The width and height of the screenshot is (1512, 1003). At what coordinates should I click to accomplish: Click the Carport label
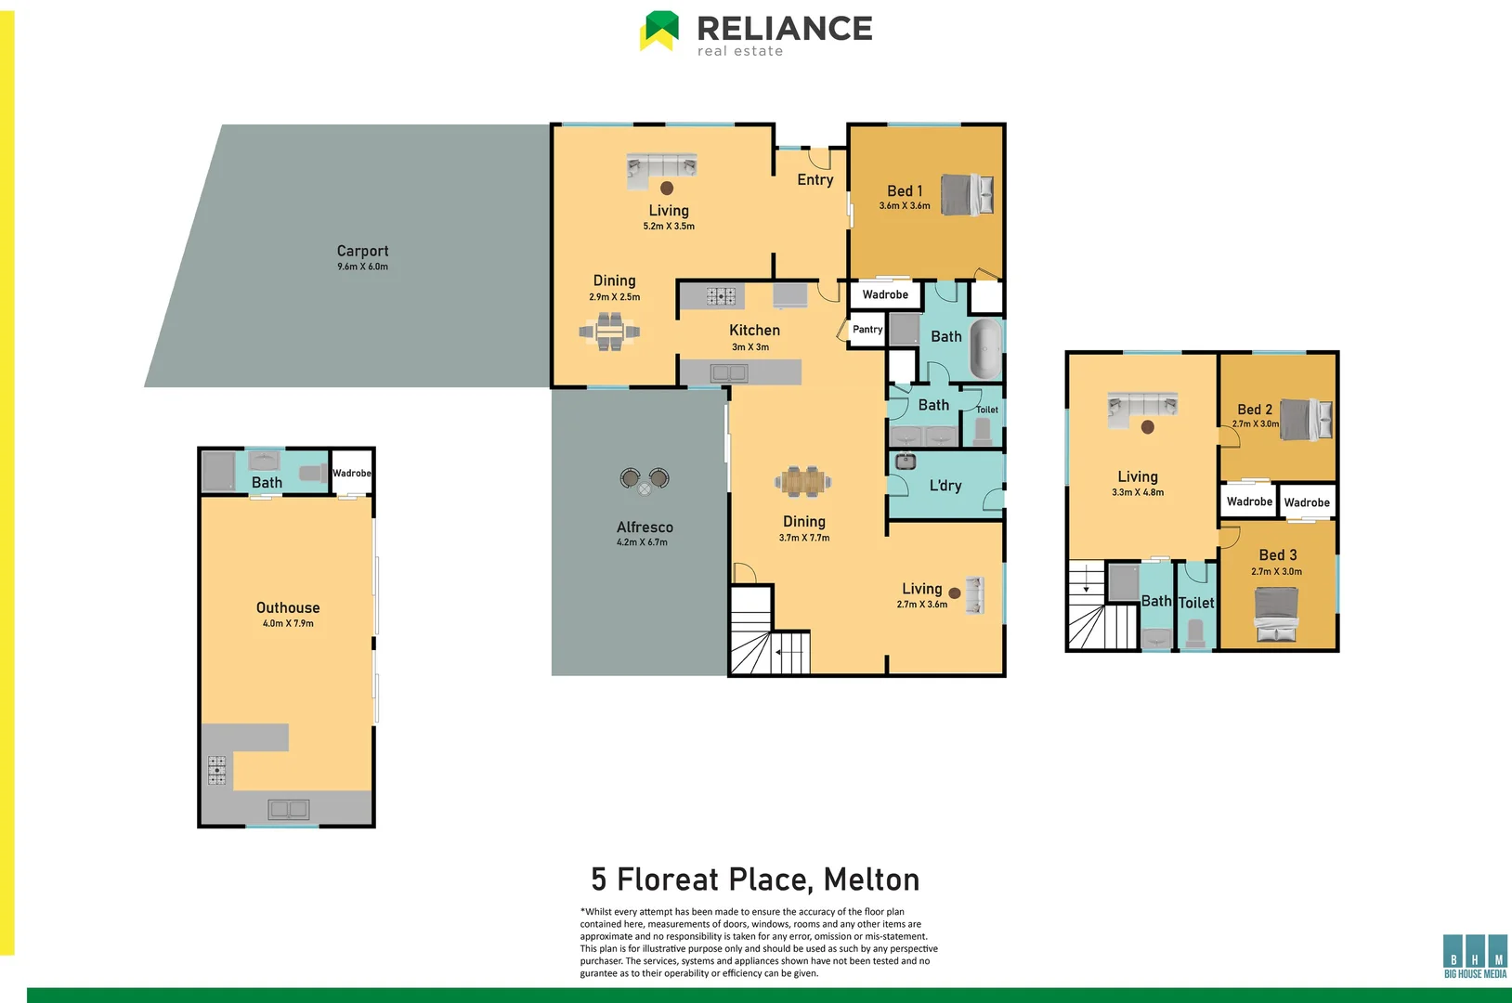coord(362,251)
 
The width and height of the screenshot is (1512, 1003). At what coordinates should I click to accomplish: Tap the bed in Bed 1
coord(967,195)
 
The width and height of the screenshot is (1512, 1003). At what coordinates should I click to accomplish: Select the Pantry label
coord(867,330)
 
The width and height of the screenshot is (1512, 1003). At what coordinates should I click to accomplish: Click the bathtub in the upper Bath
coord(985,348)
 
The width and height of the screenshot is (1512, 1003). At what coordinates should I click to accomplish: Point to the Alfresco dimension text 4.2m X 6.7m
coord(642,542)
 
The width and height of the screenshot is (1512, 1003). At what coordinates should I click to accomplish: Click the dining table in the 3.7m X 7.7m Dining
coord(803,481)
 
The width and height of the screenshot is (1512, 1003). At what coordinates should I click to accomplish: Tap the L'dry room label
coord(945,486)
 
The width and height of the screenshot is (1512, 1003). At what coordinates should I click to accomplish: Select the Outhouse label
coord(288,607)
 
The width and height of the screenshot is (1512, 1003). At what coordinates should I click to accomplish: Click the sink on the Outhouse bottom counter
coord(288,809)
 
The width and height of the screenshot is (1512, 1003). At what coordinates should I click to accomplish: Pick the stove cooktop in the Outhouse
coord(216,771)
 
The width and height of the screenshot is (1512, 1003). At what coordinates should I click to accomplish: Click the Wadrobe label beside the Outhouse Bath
coord(352,474)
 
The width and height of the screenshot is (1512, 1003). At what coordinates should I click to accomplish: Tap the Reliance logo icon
coord(659,30)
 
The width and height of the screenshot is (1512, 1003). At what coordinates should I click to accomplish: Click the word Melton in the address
coord(871,879)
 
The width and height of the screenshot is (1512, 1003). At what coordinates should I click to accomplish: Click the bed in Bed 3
coord(1276,615)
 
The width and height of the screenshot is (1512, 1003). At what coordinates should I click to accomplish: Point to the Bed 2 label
coord(1255,410)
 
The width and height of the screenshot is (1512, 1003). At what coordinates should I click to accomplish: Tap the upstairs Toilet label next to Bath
coord(1196,603)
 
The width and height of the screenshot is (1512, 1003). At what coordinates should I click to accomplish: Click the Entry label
coord(815,180)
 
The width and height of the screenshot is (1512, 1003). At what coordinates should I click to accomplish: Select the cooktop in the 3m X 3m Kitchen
coord(721,296)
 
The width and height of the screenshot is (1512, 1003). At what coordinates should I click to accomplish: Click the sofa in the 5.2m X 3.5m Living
coord(661,166)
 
